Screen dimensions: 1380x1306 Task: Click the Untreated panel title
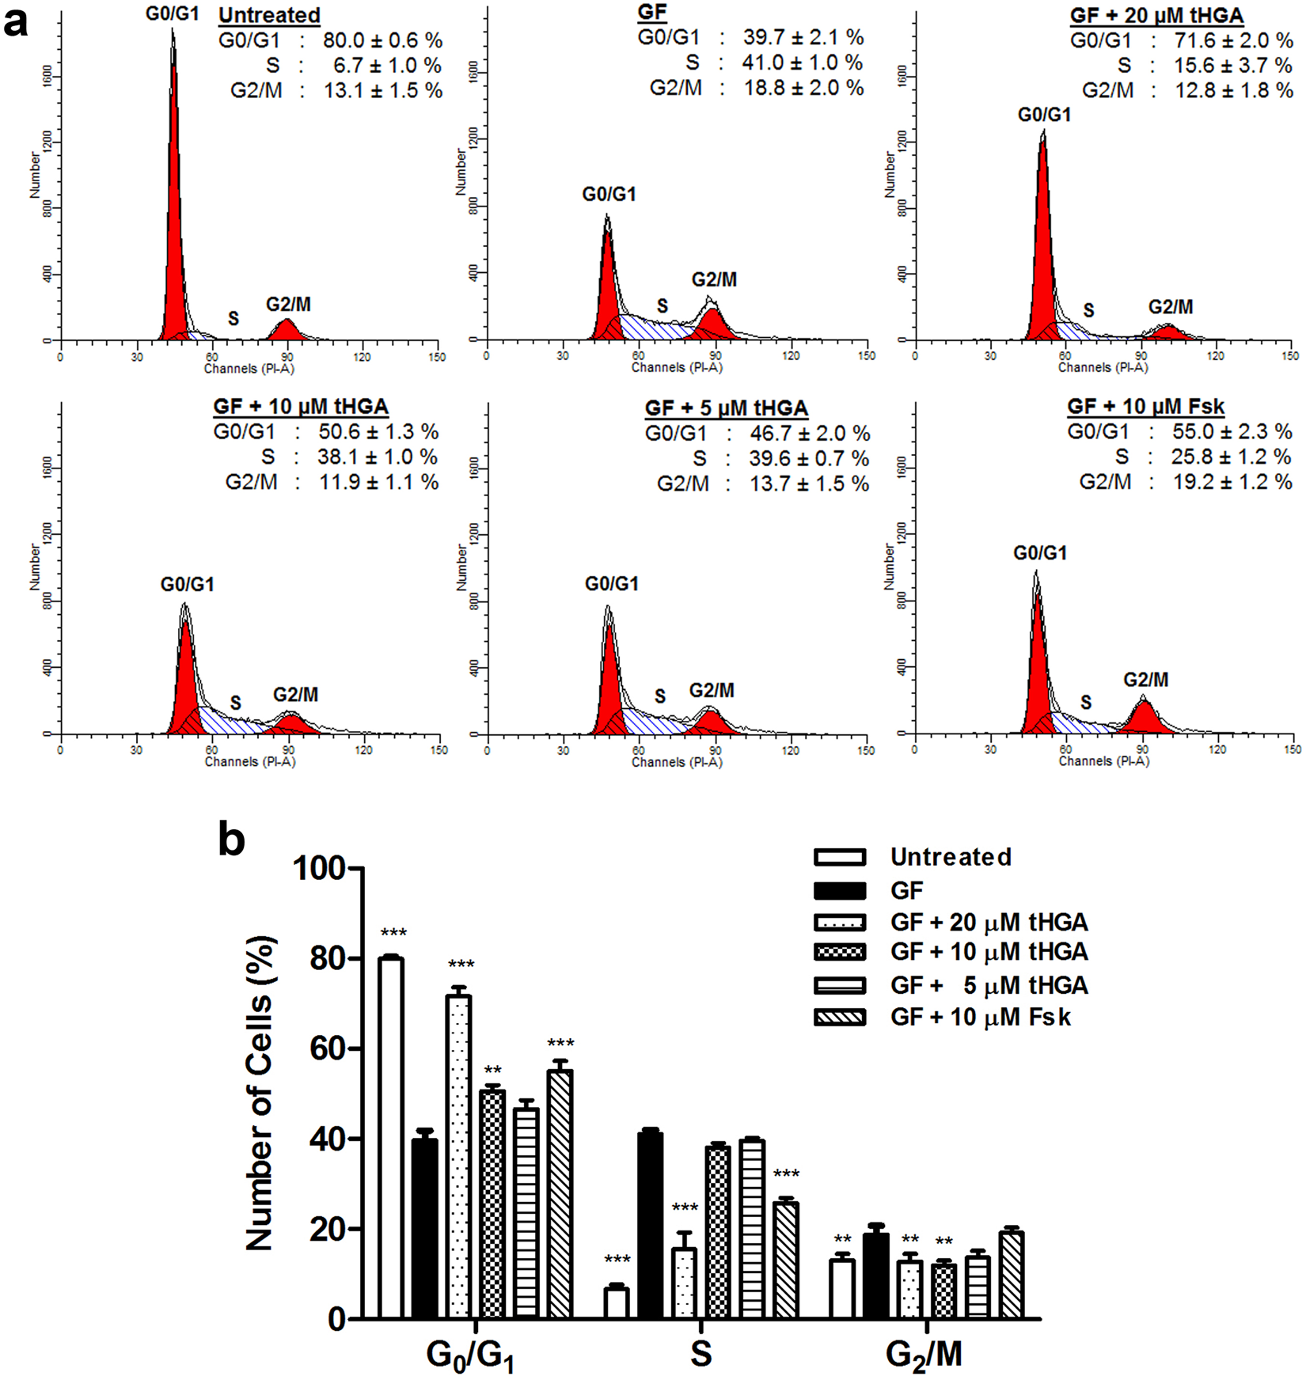click(x=269, y=15)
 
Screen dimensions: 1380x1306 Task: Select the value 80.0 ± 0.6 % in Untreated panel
click(x=382, y=40)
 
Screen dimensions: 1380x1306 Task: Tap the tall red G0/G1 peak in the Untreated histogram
click(x=174, y=198)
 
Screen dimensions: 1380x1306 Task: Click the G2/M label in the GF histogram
click(x=714, y=279)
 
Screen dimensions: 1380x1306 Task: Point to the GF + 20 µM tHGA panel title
click(x=1156, y=15)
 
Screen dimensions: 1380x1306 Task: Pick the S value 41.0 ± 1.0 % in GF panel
click(x=802, y=63)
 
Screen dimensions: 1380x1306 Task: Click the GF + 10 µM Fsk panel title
click(x=1145, y=407)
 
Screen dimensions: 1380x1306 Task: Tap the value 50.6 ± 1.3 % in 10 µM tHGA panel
click(x=378, y=432)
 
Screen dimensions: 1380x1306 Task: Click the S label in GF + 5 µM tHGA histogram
click(x=660, y=696)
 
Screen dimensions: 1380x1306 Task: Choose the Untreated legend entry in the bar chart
click(x=951, y=857)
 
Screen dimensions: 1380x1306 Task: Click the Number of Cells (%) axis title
click(x=260, y=1092)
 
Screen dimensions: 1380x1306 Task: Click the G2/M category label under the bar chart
click(x=923, y=1354)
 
